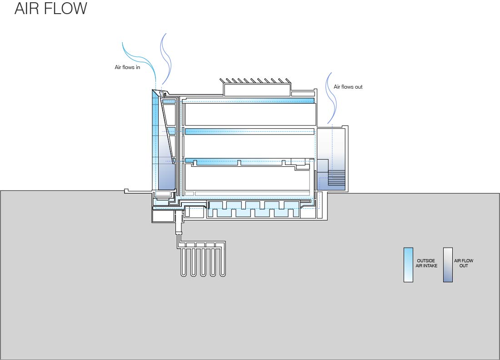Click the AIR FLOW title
tap(50, 9)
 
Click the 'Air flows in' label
tap(127, 67)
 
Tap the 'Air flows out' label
tap(348, 87)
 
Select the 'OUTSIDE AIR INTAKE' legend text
tap(427, 263)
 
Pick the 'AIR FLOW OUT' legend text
tap(464, 263)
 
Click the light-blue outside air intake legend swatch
tap(408, 265)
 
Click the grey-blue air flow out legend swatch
tap(448, 265)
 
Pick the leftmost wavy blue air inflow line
tap(139, 55)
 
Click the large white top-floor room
tap(250, 114)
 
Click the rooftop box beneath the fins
tap(257, 90)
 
